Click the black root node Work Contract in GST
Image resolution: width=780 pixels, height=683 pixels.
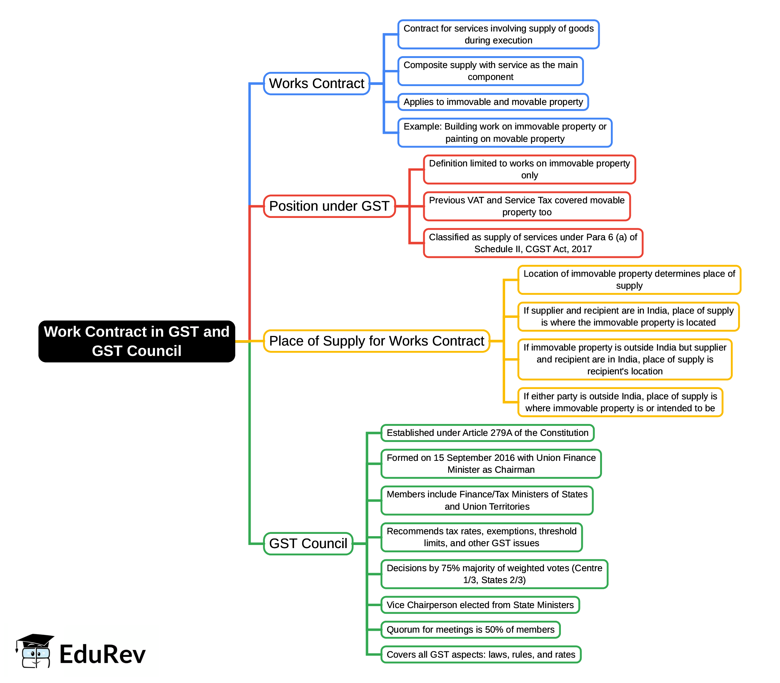136,341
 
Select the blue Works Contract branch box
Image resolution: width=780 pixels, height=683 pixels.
316,83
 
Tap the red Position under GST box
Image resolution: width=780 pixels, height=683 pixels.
329,206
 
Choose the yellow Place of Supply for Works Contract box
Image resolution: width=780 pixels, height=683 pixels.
376,341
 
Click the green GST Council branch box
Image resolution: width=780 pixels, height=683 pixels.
308,543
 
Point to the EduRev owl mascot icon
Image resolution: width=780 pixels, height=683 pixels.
35,651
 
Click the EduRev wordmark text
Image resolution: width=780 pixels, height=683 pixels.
102,655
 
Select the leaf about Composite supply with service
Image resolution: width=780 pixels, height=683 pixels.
491,71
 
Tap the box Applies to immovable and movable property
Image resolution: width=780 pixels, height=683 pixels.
493,102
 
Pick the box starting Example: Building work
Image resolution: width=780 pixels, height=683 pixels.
505,133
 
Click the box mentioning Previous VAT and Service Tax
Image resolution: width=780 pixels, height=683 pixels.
527,206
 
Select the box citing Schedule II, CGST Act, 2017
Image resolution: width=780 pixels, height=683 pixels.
533,243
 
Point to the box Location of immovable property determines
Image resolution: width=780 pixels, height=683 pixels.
629,280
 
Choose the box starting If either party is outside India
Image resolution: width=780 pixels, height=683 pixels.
620,402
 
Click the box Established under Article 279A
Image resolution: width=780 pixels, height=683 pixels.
487,433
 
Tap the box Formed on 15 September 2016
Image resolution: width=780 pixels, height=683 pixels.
491,464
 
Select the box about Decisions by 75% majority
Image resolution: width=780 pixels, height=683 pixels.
494,574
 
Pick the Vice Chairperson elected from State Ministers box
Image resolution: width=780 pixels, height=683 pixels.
480,605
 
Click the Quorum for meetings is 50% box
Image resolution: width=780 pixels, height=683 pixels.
471,630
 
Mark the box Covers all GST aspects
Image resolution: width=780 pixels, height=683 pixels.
481,655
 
